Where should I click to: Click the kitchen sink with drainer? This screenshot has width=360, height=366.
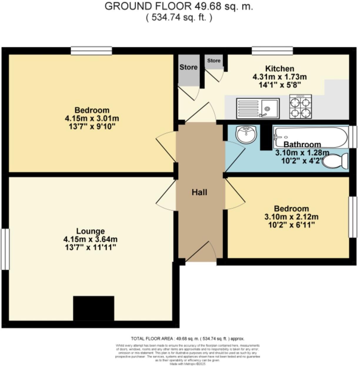[258, 108]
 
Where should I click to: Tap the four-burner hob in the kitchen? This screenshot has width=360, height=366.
[300, 107]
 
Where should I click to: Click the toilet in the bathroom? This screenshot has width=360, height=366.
[335, 161]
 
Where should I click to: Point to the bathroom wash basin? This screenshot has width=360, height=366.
[246, 135]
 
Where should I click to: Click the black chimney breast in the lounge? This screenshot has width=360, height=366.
[94, 308]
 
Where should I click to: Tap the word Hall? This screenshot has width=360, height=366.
[199, 192]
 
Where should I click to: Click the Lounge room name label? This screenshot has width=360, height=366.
[90, 231]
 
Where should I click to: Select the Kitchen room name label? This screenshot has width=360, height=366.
[279, 69]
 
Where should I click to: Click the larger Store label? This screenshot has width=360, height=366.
[188, 67]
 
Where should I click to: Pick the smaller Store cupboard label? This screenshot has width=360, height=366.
[214, 60]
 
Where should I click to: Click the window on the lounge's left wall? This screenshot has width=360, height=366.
[5, 249]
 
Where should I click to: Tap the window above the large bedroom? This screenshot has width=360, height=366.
[91, 51]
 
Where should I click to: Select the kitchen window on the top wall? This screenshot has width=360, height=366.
[272, 51]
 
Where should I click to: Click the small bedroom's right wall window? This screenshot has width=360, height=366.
[353, 217]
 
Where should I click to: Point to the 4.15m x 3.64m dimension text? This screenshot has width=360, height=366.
[90, 239]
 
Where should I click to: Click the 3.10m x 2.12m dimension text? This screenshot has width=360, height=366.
[291, 217]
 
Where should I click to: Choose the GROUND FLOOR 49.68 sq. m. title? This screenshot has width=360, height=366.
[179, 6]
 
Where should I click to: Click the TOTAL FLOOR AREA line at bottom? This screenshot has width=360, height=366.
[187, 339]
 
